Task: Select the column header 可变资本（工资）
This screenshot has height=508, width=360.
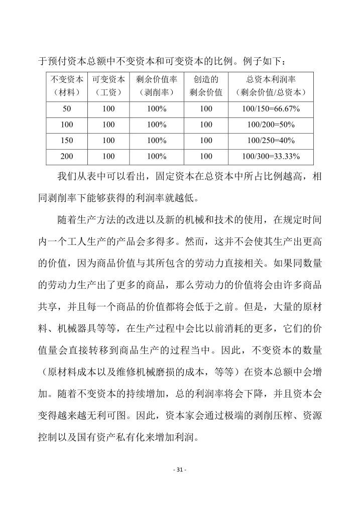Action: pyautogui.click(x=108, y=86)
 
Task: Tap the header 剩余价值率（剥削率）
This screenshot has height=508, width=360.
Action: pyautogui.click(x=157, y=86)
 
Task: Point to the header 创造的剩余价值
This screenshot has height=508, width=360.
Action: pyautogui.click(x=206, y=86)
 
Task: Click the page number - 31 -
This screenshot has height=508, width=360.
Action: pyautogui.click(x=179, y=469)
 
